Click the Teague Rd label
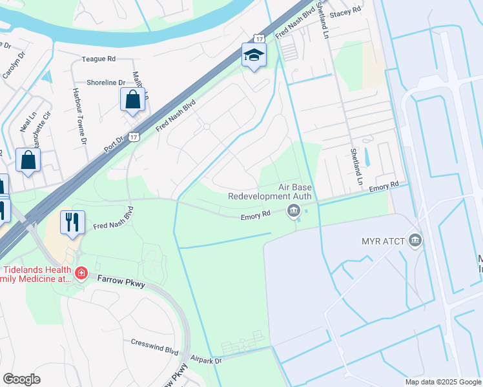click(98, 59)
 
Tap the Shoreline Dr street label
click(107, 83)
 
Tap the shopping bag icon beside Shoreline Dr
click(132, 101)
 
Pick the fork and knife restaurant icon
click(72, 222)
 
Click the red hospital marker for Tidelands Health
click(81, 273)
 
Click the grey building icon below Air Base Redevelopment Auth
click(294, 210)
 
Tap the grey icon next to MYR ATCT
click(415, 241)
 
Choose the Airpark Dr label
click(206, 360)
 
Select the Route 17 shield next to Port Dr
click(133, 137)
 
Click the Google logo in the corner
click(21, 379)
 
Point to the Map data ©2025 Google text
click(442, 382)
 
